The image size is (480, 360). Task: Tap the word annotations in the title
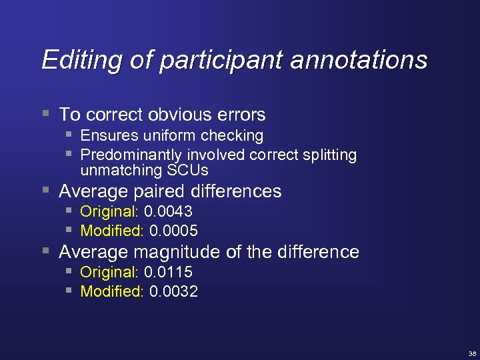(x=359, y=60)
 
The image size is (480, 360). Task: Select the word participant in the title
(x=215, y=61)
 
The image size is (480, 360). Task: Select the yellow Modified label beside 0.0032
(x=111, y=291)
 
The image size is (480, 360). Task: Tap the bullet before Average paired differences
(x=45, y=191)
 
